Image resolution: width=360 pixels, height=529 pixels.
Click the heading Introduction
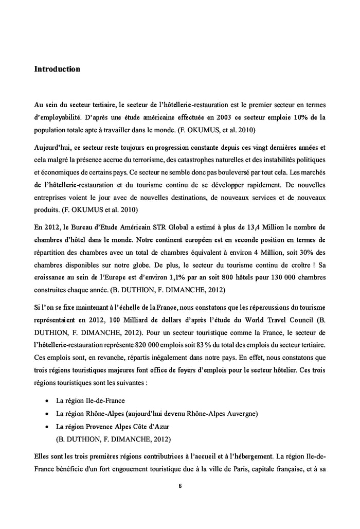(x=57, y=68)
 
